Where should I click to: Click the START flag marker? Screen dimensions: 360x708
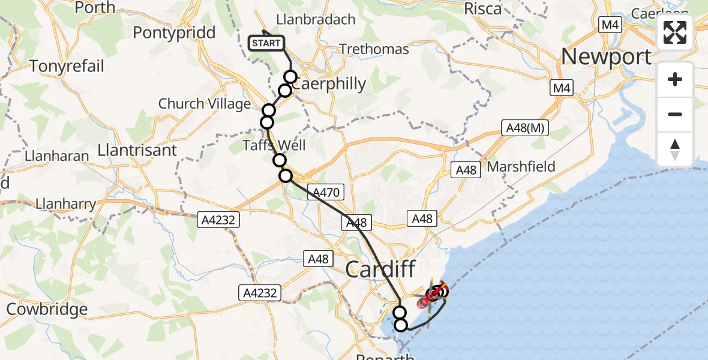coord(266,43)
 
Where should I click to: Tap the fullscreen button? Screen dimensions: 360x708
coord(675,32)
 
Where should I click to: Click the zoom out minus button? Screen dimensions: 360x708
coord(675,114)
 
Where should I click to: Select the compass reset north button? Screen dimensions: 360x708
coord(675,149)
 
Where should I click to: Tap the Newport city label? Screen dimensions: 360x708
coord(606,56)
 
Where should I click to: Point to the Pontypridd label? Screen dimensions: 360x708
coord(174,32)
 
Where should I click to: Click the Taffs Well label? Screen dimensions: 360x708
coord(274,145)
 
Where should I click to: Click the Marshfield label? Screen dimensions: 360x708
coord(521,167)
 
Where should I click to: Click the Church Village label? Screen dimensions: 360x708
coord(205,104)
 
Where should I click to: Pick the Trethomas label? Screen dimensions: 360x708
coord(374,49)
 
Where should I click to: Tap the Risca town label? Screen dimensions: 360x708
coord(482,9)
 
